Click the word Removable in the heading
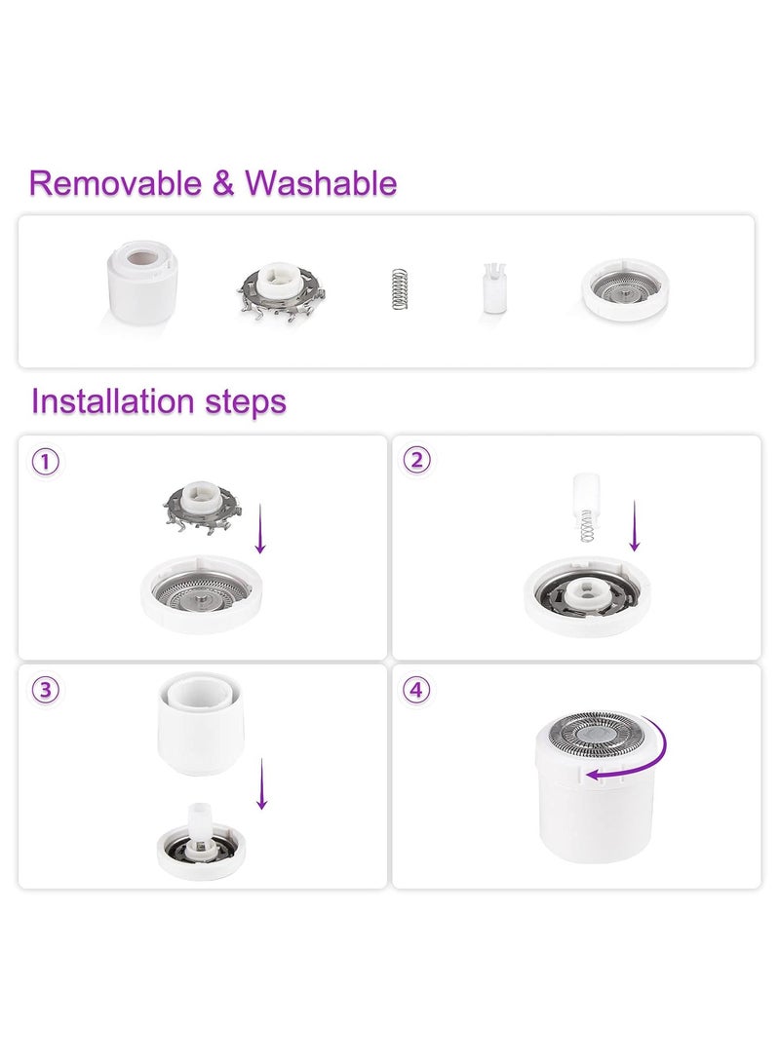click(x=115, y=183)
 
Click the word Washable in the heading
click(x=321, y=183)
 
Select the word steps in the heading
click(x=246, y=402)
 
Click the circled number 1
click(x=46, y=463)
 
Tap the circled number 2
click(x=417, y=460)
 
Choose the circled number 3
click(x=46, y=690)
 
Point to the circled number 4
click(x=417, y=690)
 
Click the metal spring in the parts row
click(x=400, y=289)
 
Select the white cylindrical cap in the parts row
click(x=141, y=282)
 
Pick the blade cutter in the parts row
click(x=281, y=292)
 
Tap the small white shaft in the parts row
click(x=494, y=288)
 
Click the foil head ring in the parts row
click(x=625, y=289)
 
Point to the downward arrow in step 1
click(x=259, y=529)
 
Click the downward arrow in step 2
click(x=635, y=526)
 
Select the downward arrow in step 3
click(x=262, y=783)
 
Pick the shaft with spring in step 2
click(x=587, y=508)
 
